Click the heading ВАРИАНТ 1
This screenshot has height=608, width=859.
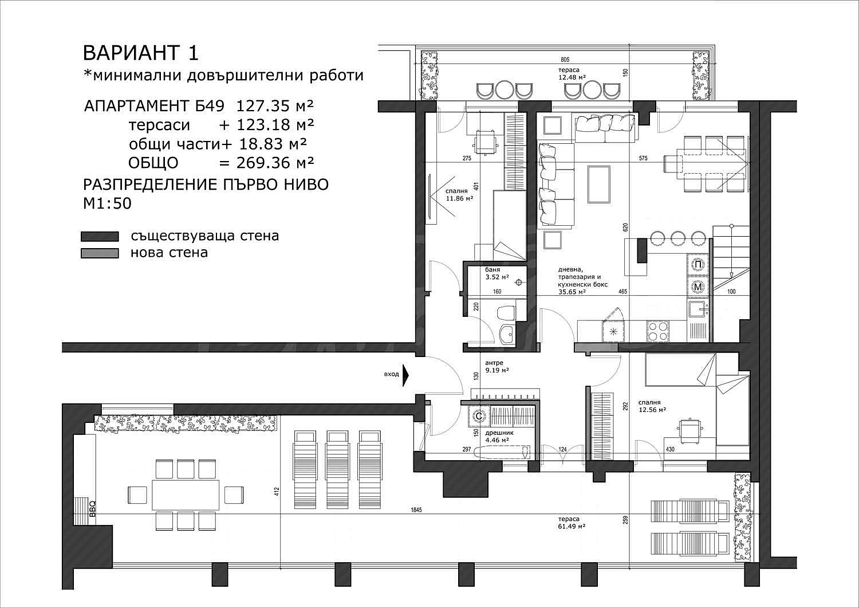(141, 53)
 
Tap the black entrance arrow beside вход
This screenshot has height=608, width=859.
(405, 374)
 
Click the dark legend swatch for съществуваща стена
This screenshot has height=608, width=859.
(100, 237)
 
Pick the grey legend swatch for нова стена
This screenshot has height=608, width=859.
(100, 253)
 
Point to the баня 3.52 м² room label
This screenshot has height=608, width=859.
(497, 273)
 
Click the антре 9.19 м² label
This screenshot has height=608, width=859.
(497, 367)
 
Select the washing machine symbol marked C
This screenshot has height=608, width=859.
(479, 415)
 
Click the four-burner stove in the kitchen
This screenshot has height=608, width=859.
(657, 331)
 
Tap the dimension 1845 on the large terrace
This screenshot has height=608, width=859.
(416, 510)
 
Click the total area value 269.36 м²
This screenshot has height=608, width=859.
(275, 163)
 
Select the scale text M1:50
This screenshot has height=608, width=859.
(108, 203)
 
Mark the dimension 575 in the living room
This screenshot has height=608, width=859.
(643, 158)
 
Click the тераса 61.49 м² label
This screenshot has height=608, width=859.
(572, 523)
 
